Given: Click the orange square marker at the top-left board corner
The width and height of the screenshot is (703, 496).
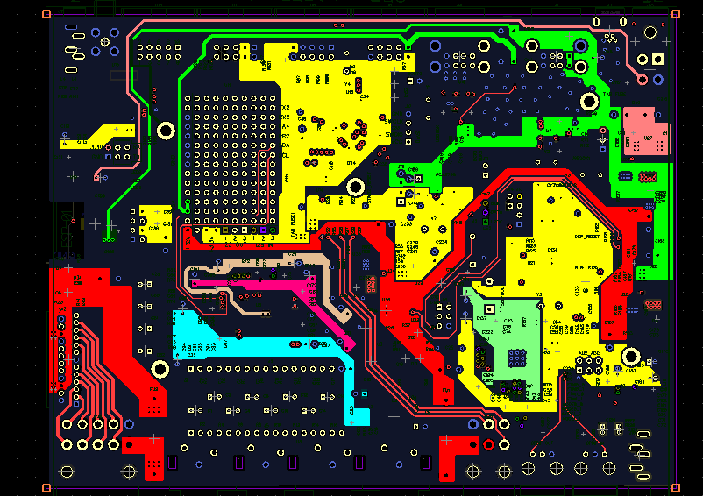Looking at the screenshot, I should point(47,13).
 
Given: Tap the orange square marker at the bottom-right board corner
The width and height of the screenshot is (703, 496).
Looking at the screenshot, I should point(675,487).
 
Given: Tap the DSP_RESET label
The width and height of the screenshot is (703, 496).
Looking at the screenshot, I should point(586,236).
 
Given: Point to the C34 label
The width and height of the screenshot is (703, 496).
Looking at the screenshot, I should point(364,96).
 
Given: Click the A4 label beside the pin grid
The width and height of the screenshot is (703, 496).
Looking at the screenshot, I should point(285,126).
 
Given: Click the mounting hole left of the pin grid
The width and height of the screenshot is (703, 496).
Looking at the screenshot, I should point(164,131).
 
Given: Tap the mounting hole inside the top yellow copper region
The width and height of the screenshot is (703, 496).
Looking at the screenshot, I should point(356,186).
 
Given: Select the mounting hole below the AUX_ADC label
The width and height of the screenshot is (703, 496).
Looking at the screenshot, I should point(630,356).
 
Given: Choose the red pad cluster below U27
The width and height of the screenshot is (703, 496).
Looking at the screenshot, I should point(650,176).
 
